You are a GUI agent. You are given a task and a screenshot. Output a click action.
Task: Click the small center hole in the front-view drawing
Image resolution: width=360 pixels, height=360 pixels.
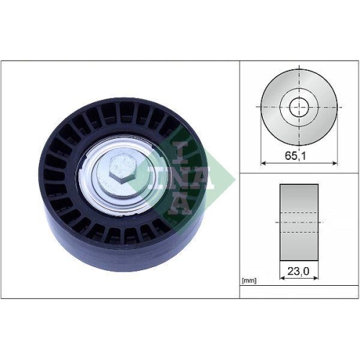pos(298,107)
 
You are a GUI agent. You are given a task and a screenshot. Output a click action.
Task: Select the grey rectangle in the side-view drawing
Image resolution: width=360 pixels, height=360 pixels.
pos(298,222)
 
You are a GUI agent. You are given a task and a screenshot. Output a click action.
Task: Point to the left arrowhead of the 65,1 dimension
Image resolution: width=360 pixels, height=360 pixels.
pos(264,163)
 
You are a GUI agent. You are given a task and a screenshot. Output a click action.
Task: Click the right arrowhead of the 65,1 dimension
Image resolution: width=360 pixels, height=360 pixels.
pos(332,163)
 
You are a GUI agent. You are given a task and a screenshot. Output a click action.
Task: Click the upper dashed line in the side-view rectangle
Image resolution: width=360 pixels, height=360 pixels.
pos(298,213)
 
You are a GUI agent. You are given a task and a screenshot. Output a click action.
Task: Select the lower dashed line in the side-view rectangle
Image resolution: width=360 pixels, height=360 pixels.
pos(298,233)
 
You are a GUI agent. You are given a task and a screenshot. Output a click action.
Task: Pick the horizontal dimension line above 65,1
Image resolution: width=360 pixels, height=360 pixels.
pos(298,163)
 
